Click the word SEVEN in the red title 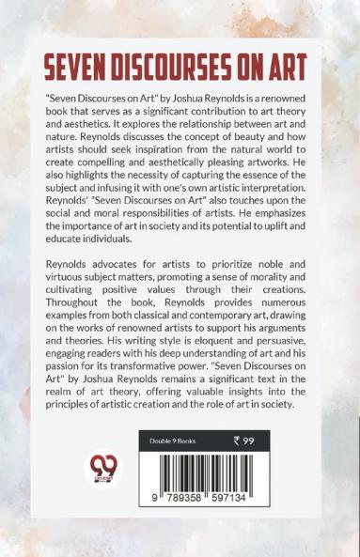coord(77,70)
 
